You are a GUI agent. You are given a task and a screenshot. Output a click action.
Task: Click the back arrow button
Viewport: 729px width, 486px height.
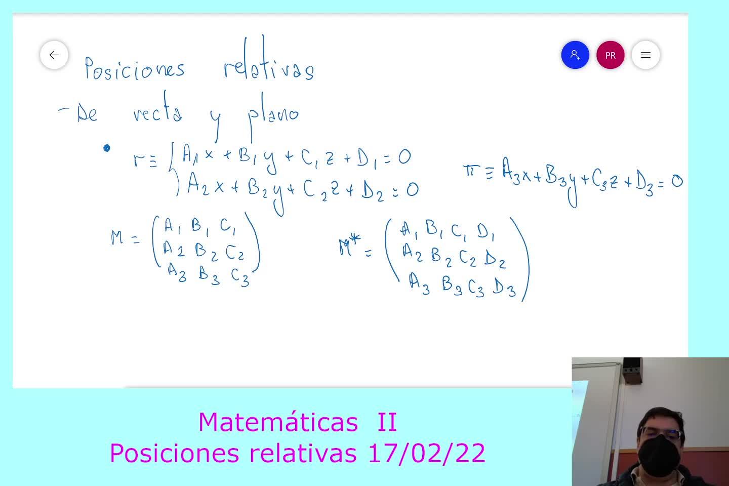click(x=54, y=55)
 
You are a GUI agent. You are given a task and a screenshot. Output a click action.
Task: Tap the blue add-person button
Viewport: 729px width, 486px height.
click(x=575, y=55)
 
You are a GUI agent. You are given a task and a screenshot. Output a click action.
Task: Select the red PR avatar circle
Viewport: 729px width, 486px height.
click(x=610, y=55)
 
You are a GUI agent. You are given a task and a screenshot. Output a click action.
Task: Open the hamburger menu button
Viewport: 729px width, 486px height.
click(x=645, y=55)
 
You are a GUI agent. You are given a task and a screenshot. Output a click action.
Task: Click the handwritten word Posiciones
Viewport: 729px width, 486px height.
click(x=135, y=68)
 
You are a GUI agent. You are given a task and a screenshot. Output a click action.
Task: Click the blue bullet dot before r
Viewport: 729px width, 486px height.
click(x=106, y=148)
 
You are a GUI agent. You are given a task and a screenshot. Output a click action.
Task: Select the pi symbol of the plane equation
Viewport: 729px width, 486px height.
click(x=471, y=171)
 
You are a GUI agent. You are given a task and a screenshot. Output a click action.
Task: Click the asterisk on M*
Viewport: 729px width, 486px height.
click(x=354, y=239)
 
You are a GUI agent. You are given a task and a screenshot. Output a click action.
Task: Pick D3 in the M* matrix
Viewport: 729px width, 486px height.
click(x=504, y=287)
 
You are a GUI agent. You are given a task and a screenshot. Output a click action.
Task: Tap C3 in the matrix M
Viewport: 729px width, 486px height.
click(x=240, y=277)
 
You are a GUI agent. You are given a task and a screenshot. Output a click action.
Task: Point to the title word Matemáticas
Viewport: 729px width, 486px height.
click(x=278, y=422)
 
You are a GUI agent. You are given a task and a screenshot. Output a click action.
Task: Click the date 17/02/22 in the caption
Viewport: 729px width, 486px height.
click(x=427, y=453)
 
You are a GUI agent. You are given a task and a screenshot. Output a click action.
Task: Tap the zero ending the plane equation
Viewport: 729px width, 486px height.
click(x=677, y=181)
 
